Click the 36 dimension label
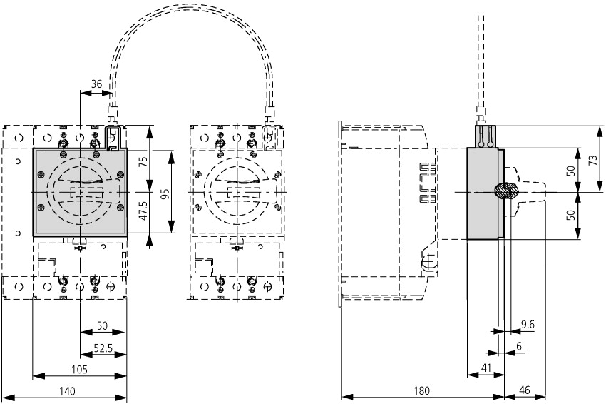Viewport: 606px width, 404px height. (x=96, y=84)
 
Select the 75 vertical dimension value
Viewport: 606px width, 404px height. (x=143, y=161)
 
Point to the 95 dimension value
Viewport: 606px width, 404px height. (x=165, y=194)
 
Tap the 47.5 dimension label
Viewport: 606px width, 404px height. (x=143, y=211)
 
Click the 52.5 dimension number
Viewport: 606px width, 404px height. (x=103, y=348)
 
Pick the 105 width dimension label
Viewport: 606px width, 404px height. (x=79, y=370)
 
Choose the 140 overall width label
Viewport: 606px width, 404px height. (x=67, y=391)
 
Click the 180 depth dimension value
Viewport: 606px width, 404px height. (x=421, y=391)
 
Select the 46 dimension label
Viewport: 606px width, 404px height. (x=525, y=390)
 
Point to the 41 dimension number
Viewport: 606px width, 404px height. (x=486, y=368)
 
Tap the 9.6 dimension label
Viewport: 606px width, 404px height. (x=527, y=324)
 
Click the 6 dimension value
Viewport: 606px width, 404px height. (x=519, y=346)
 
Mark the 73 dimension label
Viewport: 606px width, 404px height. (x=594, y=158)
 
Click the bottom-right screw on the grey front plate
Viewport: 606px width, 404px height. (x=120, y=208)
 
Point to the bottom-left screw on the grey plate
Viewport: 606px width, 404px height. (x=41, y=208)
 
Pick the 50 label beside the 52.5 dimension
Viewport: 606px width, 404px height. (x=102, y=325)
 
